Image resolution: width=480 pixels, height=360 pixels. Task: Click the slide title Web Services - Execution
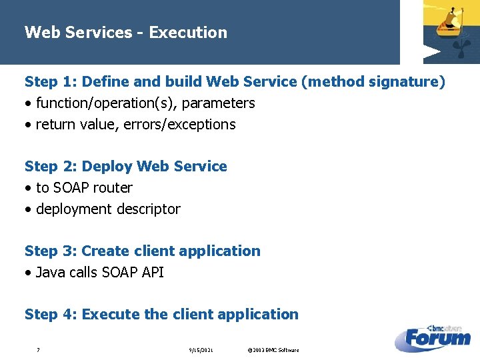[x=125, y=32]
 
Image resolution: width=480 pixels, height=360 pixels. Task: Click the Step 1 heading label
[x=51, y=82]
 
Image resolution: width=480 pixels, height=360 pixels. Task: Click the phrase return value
[x=77, y=125]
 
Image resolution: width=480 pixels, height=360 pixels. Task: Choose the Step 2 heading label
[x=51, y=167]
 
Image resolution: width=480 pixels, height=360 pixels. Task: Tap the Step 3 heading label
[x=51, y=251]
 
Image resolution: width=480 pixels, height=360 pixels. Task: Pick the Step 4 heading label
[x=51, y=315]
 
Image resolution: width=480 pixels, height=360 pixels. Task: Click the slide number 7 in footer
[x=38, y=350]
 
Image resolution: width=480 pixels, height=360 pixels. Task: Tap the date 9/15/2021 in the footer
[x=201, y=350]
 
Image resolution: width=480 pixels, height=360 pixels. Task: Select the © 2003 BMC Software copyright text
[x=273, y=350]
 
